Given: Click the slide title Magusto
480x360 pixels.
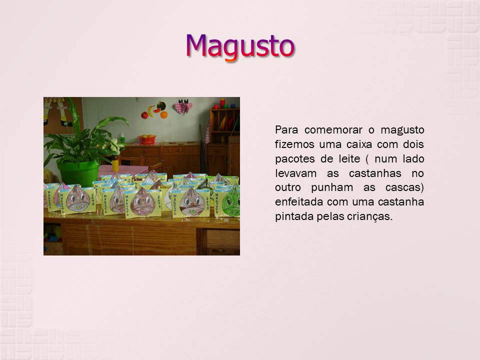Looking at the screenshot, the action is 240,46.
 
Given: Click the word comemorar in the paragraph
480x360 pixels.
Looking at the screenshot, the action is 333,130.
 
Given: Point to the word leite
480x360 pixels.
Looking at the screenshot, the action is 349,159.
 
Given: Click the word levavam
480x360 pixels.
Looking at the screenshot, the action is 295,173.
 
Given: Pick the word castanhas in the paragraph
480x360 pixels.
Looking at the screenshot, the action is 375,173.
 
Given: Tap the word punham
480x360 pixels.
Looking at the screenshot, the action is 332,187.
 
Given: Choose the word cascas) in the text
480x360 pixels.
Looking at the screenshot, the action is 404,187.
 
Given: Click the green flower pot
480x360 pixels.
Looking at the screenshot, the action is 78,172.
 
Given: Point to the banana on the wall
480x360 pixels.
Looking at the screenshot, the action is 150,111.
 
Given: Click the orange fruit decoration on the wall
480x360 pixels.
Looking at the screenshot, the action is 164,115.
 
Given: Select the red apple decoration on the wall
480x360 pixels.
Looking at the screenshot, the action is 144,115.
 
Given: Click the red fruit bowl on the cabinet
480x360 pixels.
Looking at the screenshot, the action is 147,139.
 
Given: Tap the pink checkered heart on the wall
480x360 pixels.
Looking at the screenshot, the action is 183,107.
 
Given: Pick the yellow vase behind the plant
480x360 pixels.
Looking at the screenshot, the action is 115,165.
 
